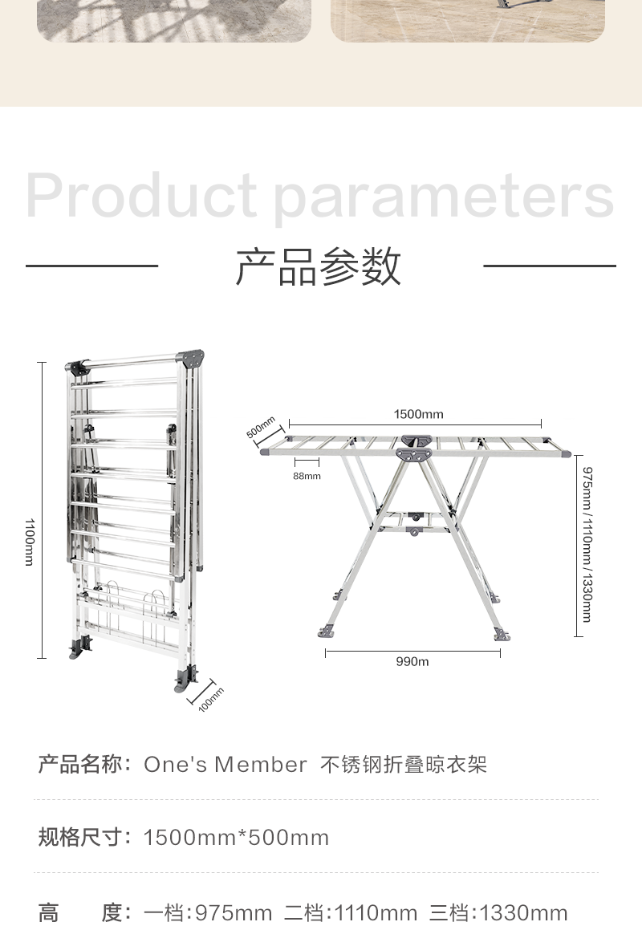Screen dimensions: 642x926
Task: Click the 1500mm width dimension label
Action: (418, 414)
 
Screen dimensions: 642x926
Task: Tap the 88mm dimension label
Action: (307, 476)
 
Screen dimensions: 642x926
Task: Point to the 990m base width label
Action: (412, 662)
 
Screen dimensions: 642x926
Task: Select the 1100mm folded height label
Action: (29, 542)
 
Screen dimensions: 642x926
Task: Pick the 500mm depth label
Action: (261, 427)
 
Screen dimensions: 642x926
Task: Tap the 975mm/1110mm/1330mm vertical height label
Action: (587, 544)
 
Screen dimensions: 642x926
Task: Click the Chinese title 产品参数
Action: (319, 266)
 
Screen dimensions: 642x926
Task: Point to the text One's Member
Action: (226, 765)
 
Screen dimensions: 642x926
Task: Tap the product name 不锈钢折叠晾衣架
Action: (404, 765)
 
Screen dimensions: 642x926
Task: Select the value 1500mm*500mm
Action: (236, 839)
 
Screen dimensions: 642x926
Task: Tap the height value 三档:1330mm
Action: (498, 913)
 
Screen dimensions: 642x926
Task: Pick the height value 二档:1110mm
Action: (351, 913)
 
